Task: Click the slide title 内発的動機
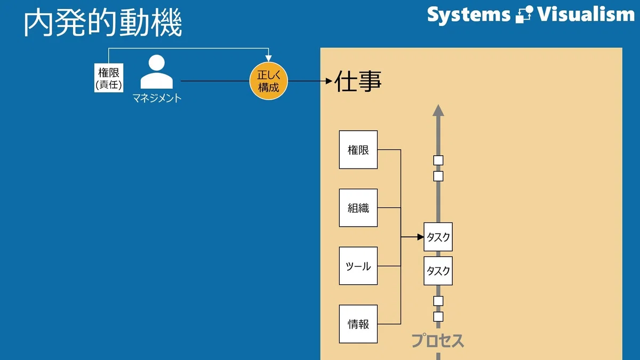click(x=103, y=22)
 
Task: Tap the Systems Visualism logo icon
click(x=524, y=14)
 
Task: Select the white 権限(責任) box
click(x=109, y=78)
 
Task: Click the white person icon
click(x=157, y=71)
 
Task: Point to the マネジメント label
click(x=157, y=98)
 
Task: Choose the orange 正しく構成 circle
click(x=269, y=81)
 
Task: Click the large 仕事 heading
click(x=358, y=81)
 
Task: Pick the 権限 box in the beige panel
click(x=358, y=150)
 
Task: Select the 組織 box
click(x=358, y=207)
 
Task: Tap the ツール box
click(x=358, y=266)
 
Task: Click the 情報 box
click(x=358, y=324)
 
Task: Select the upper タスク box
click(x=438, y=237)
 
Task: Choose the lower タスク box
click(x=438, y=271)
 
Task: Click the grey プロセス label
click(x=437, y=341)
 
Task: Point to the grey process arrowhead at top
click(x=438, y=110)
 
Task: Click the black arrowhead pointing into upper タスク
click(x=421, y=237)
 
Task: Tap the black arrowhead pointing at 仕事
click(x=329, y=81)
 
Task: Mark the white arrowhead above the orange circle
click(x=268, y=59)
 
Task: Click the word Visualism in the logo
click(x=586, y=14)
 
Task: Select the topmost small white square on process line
click(x=438, y=161)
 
